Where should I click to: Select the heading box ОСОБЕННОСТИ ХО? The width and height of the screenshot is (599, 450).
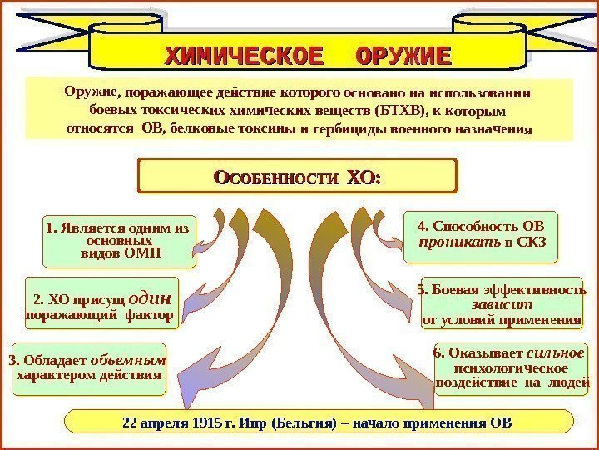[x=297, y=177]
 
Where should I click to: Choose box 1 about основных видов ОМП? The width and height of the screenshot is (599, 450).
[x=119, y=240]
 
